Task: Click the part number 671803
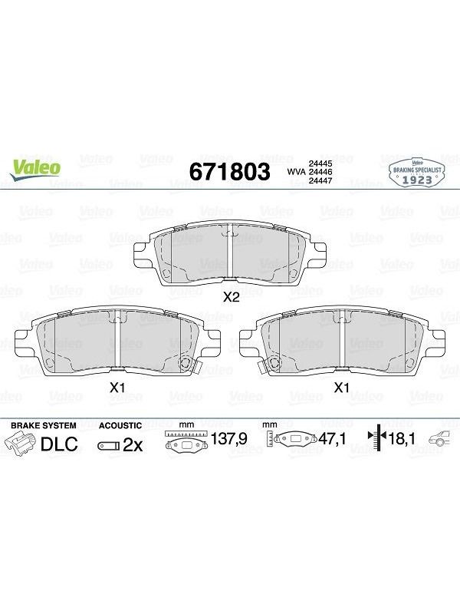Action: pyautogui.click(x=229, y=171)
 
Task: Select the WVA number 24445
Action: pyautogui.click(x=320, y=163)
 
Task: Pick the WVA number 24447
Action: pyautogui.click(x=320, y=180)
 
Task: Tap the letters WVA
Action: pyautogui.click(x=297, y=172)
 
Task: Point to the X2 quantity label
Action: pyautogui.click(x=231, y=298)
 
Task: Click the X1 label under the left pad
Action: pyautogui.click(x=117, y=388)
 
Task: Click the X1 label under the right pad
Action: pyautogui.click(x=341, y=388)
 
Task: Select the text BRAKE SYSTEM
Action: pyautogui.click(x=44, y=425)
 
